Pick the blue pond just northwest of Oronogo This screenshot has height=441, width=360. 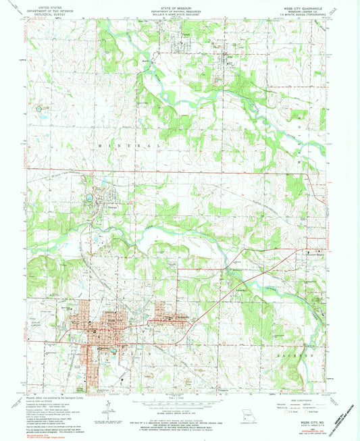coord(89,199)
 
